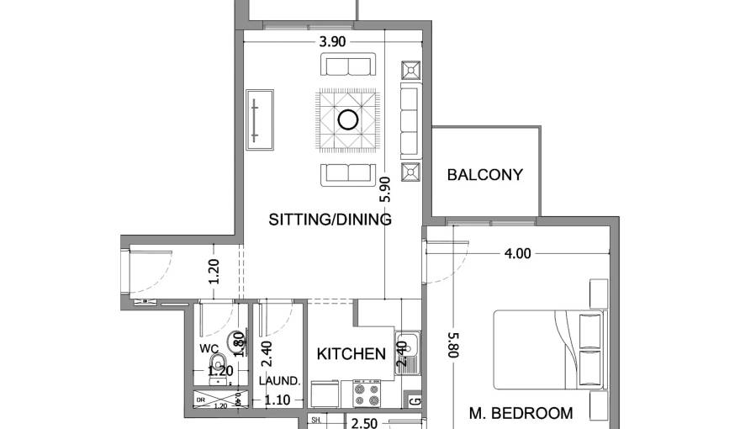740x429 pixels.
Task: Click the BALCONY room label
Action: click(x=484, y=176)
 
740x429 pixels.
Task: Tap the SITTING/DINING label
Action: click(x=330, y=220)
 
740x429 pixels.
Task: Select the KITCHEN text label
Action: click(x=351, y=354)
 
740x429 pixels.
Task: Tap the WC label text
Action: click(x=209, y=348)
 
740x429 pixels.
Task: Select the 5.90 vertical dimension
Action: click(x=385, y=190)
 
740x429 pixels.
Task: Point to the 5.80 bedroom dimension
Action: click(x=452, y=345)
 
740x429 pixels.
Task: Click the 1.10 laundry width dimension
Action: click(x=277, y=401)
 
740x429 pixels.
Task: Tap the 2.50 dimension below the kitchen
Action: click(x=364, y=423)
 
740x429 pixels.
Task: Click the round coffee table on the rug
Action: click(x=347, y=119)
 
